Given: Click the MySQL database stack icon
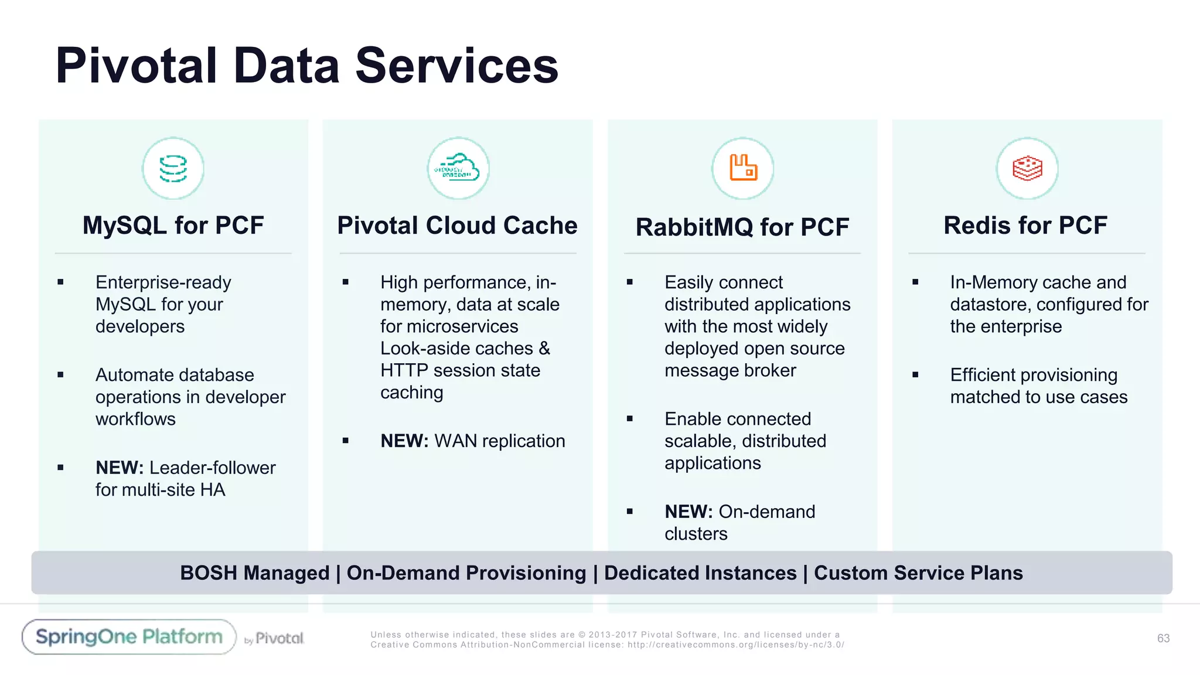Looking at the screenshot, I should tap(173, 169).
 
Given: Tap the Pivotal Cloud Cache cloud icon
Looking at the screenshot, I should tap(458, 169).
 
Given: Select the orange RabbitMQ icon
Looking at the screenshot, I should tap(743, 168).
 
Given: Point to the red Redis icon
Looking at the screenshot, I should tap(1027, 169).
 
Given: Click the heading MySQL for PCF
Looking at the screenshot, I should tap(173, 226).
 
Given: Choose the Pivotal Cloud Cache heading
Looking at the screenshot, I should tap(457, 226).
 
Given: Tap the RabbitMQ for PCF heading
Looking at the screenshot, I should tap(742, 227).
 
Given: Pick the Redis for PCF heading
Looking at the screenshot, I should tap(1025, 226).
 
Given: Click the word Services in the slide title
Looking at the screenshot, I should tap(456, 66).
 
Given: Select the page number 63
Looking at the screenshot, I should tap(1163, 638).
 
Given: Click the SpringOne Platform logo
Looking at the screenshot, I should tap(129, 637).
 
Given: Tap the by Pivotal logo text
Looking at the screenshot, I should tap(274, 639).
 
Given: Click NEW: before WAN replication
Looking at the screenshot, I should tap(404, 441).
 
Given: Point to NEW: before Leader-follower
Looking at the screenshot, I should tap(120, 468).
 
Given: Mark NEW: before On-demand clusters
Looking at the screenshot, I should tap(688, 512).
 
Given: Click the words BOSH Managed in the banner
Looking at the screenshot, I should tap(254, 573).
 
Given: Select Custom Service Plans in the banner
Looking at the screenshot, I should tap(918, 573).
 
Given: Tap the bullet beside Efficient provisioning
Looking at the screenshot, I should tap(915, 375).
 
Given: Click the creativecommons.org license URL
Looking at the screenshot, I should tap(735, 645).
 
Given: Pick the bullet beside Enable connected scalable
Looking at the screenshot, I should tap(630, 419).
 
